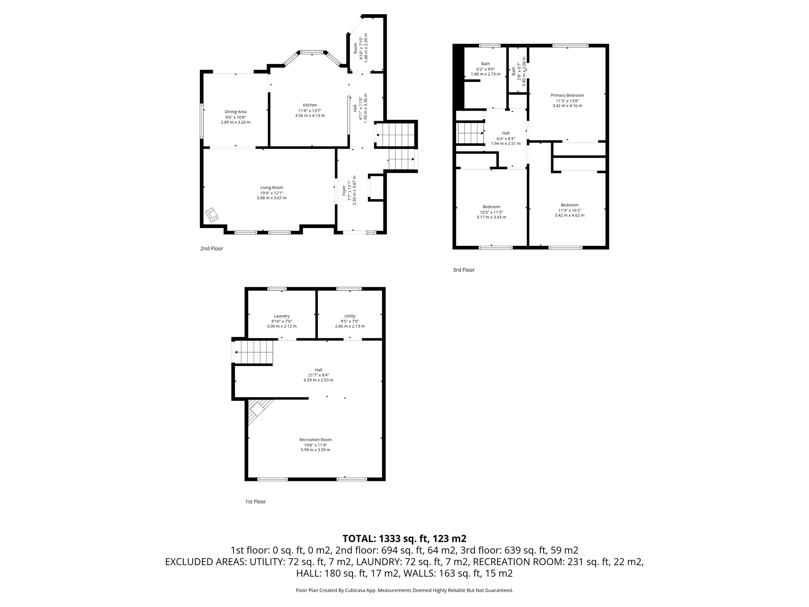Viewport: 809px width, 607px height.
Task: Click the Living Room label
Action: click(271, 188)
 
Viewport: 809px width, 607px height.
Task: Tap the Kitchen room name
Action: click(310, 105)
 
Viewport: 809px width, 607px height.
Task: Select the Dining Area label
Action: click(235, 112)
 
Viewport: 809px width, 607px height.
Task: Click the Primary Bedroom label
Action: click(567, 95)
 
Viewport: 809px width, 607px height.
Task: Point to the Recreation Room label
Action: click(315, 439)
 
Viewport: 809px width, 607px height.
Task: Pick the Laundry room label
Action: click(282, 316)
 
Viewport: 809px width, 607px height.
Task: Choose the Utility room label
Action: click(350, 316)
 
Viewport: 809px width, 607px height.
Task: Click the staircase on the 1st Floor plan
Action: click(254, 352)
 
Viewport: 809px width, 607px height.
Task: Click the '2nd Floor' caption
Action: click(211, 249)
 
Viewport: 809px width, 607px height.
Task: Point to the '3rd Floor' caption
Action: click(463, 270)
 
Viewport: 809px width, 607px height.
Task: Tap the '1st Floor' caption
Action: click(255, 501)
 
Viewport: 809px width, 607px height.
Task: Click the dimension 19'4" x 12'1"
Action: click(271, 193)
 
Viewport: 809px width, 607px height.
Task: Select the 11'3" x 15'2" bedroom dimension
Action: click(569, 210)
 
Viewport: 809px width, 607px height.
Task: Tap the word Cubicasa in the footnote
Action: click(356, 590)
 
